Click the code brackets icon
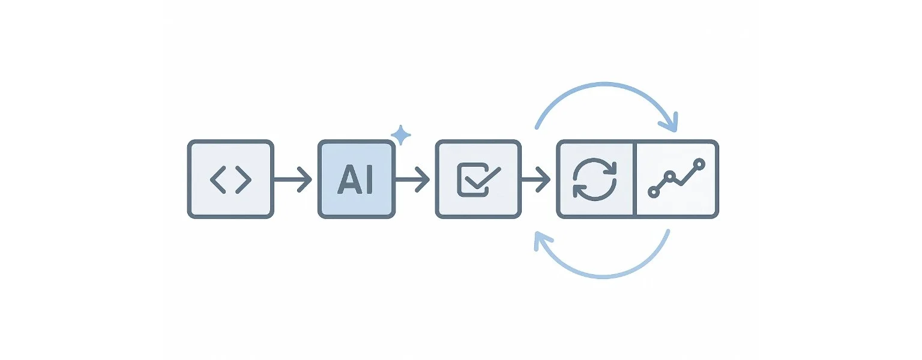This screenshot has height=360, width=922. coord(230,179)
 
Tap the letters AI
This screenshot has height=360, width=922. coord(356,179)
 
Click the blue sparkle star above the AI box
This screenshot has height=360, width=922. coord(400,136)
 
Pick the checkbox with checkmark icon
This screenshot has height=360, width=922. coord(478,179)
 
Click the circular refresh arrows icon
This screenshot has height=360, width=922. coord(595,179)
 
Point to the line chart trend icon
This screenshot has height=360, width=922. coord(676,179)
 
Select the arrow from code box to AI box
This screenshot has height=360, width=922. coord(294,179)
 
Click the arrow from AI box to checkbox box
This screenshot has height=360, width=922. coord(413,179)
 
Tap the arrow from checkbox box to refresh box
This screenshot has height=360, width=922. coord(535,179)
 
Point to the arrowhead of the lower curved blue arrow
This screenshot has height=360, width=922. coord(543,240)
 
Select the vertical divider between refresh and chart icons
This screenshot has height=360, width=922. coord(634,179)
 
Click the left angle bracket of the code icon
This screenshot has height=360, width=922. coord(218,179)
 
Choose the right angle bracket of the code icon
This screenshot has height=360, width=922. coord(243,179)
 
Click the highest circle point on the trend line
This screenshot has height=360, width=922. coord(698,163)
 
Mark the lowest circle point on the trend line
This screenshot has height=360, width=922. coord(654,193)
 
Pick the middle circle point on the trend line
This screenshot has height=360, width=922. coord(670,176)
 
